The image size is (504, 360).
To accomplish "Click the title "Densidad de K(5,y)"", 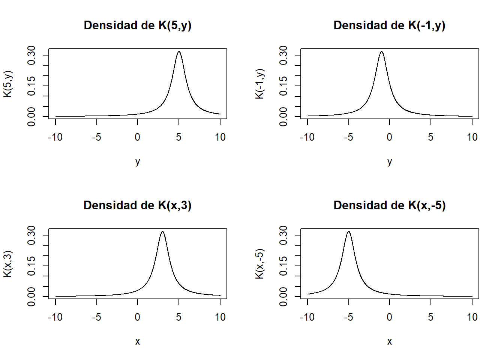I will point(138,25).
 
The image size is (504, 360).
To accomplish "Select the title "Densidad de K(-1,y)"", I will point(389,25).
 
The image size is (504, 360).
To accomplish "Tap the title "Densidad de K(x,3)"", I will point(138,205).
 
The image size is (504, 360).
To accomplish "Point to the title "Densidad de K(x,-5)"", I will point(389,205).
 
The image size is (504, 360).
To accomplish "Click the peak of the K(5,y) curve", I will point(179,52).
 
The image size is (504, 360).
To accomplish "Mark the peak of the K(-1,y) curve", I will point(381,52).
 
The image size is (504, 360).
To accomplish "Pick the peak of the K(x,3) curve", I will point(162,232).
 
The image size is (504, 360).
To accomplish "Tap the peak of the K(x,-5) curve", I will point(349,232).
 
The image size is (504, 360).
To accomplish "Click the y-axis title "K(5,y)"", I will point(8,84).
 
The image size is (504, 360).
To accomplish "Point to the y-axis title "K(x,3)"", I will point(8,264).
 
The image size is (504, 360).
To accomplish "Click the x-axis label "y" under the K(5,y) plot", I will point(138,162).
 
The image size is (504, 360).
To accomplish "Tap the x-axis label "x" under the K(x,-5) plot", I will point(389,342).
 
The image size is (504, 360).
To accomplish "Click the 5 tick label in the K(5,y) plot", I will point(179,137).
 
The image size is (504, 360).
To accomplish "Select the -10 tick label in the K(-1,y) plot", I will point(307,137).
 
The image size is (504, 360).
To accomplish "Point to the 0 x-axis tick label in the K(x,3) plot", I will point(138,317).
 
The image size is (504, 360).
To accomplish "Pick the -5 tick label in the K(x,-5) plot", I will point(348,317).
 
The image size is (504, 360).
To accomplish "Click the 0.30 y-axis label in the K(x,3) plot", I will point(31,235).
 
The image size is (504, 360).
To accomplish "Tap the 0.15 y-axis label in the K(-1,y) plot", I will point(283,86).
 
